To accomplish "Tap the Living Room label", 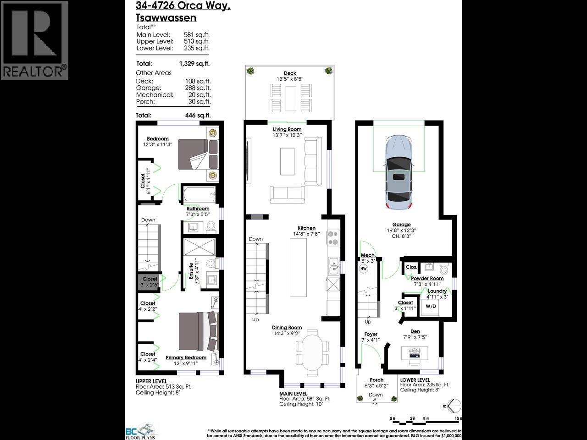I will coord(287,129).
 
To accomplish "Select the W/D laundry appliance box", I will coord(431,306).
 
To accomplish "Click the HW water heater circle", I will coord(364,269).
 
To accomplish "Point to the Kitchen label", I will coord(306,228).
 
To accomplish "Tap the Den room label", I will coord(415,331).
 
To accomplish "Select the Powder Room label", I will coord(427,278).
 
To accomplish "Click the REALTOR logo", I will coord(34,40).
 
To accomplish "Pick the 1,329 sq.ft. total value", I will coord(194,64).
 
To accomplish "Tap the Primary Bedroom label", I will coord(186,357).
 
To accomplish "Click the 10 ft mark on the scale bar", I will coord(457,419).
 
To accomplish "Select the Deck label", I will coord(290,73).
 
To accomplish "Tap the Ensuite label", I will coord(191,271).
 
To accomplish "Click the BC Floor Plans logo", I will coord(141,430).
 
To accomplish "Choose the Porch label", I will coord(377,380).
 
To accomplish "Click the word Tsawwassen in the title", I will coord(166,18).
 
